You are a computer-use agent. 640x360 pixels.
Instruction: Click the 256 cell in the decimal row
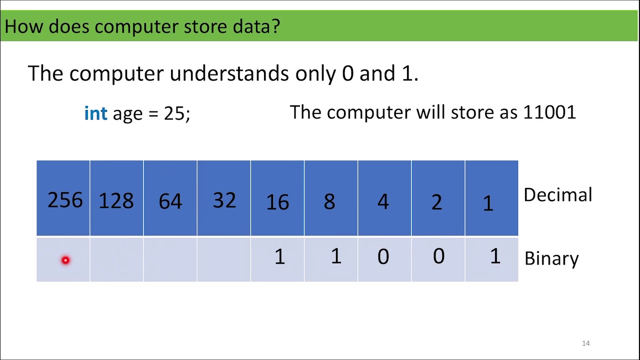(64, 200)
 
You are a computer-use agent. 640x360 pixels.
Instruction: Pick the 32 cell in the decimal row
(224, 200)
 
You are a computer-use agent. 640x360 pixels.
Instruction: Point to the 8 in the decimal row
(329, 201)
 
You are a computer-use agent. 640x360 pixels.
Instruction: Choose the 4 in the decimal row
(383, 201)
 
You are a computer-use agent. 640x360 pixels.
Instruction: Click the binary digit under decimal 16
(279, 257)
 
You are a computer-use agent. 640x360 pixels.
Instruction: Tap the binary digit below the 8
(335, 256)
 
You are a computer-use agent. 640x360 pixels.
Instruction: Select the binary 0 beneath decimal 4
(383, 257)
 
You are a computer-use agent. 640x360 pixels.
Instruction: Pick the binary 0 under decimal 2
(438, 256)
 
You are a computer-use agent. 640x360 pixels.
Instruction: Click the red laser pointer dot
(65, 260)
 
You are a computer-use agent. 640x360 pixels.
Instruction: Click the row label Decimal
(557, 195)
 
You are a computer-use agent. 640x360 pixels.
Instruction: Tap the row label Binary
(551, 258)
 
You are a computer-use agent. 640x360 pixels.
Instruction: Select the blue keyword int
(95, 113)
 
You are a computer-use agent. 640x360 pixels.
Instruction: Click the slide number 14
(586, 343)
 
